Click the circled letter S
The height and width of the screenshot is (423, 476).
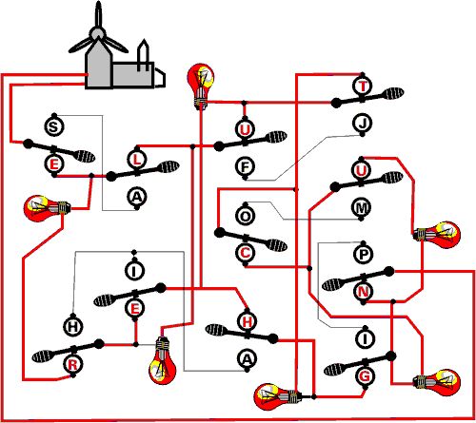tap(54, 126)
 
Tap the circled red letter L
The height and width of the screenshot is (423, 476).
tap(137, 160)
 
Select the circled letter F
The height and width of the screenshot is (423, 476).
tap(246, 167)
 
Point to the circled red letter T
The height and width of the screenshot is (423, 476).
tap(363, 87)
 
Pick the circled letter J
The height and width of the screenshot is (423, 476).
tap(363, 123)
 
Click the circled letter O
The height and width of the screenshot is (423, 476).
tap(245, 216)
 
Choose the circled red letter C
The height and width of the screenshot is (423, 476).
tap(246, 253)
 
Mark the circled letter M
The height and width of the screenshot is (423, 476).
tap(362, 208)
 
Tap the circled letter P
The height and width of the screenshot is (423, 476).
tap(364, 254)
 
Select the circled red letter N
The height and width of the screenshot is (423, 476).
tap(363, 291)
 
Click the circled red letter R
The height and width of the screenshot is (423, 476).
tap(72, 365)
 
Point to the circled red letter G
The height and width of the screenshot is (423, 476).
tap(365, 376)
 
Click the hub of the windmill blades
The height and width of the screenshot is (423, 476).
tap(97, 33)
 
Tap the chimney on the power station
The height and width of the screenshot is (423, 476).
tap(143, 55)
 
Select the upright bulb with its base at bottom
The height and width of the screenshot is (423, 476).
tap(201, 87)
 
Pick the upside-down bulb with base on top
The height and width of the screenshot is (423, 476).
tap(163, 360)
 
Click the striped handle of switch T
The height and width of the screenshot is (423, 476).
tap(393, 93)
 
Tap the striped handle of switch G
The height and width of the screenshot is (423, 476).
tap(334, 370)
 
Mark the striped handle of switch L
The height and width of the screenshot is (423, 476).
tap(169, 166)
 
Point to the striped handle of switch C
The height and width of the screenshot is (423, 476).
tap(277, 245)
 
